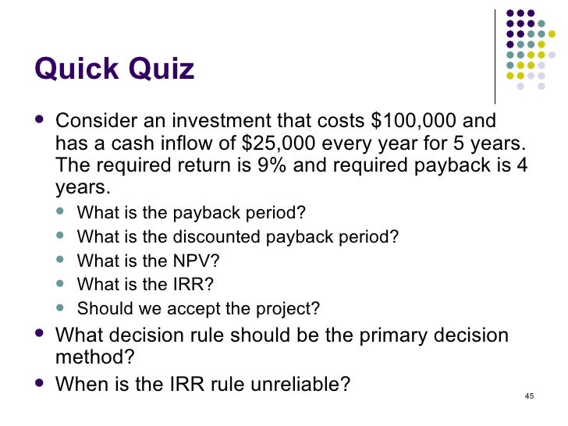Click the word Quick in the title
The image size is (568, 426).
75,69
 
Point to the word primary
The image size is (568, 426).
380,335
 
